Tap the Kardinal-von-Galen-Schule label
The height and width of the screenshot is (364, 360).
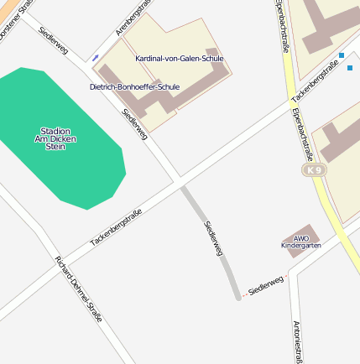[179, 59]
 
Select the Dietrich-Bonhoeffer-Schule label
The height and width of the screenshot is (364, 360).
[134, 86]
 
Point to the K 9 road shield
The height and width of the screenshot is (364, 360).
[315, 170]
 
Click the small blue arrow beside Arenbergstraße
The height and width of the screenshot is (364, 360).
[95, 57]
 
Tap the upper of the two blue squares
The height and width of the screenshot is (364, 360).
[342, 55]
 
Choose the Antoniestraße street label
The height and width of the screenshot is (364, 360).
[297, 341]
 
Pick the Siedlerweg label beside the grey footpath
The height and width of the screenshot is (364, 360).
[213, 238]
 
